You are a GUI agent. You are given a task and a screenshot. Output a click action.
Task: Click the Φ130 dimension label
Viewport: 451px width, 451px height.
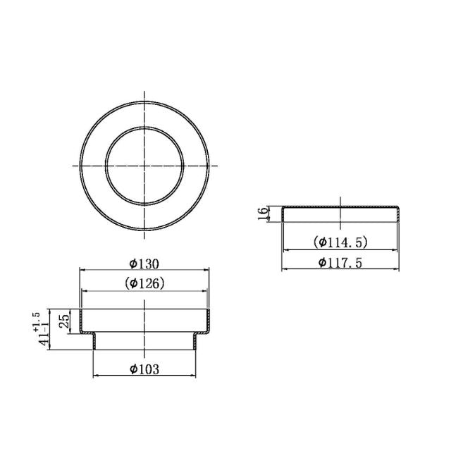pos(144,264)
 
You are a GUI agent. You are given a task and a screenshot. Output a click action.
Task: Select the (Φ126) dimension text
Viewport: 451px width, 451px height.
pos(144,283)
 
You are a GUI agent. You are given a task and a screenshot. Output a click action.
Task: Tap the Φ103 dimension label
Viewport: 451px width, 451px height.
pos(144,369)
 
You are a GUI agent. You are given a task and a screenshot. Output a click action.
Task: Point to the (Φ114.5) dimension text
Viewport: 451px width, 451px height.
pos(340,242)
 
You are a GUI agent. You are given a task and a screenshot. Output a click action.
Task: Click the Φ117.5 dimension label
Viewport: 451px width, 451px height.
pos(340,262)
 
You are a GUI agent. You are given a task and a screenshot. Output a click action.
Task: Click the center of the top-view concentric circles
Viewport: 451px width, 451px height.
pos(144,166)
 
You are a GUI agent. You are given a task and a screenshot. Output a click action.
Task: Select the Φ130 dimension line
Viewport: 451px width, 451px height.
pos(106,269)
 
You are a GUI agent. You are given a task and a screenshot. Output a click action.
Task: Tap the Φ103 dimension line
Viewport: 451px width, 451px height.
pos(113,374)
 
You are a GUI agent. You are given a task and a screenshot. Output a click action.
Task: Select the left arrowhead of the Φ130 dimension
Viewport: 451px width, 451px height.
pos(81,269)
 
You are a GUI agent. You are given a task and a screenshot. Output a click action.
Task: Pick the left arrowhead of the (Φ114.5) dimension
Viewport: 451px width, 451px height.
pos(285,249)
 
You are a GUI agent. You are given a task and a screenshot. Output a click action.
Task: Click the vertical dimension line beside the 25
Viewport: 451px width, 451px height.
pos(70,322)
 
